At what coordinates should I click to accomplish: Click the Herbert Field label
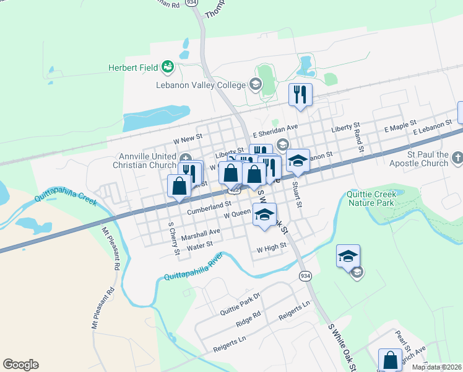[x=134, y=68]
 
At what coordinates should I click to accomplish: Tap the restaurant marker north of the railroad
[x=300, y=95]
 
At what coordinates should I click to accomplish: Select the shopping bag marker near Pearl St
[x=390, y=359]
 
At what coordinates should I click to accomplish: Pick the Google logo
[x=20, y=365]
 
